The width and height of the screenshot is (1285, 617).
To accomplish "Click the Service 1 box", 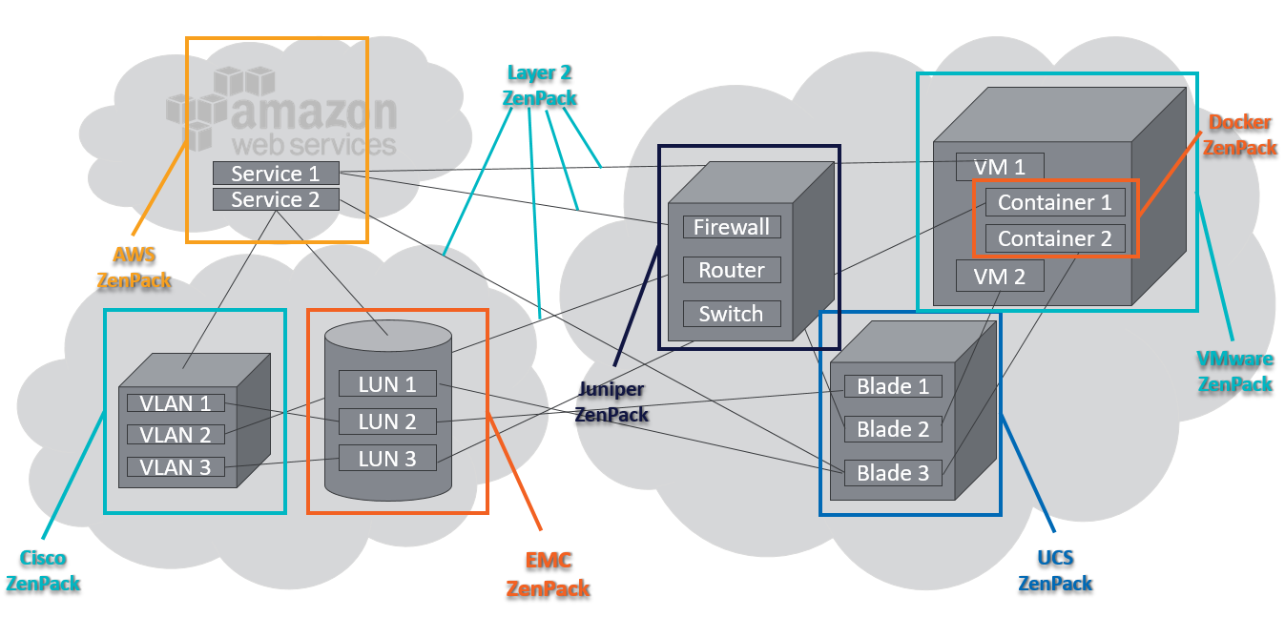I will point(276,174).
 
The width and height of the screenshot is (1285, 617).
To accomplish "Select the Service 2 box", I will point(276,199).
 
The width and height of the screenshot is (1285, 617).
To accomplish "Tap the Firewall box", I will point(732,227).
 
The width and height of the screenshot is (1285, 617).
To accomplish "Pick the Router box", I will point(732,270).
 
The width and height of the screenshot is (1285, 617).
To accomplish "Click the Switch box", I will point(732,314).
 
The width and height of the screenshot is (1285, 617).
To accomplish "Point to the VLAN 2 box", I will point(176,435).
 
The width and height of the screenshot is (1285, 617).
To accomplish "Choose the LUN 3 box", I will point(387,458).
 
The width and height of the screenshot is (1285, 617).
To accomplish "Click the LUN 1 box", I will point(387,384).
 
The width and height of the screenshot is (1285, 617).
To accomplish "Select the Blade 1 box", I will point(893,386).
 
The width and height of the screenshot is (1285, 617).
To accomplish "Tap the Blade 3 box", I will point(893,472).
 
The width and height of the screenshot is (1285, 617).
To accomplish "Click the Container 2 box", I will point(1055,238).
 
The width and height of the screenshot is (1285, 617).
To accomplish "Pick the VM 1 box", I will point(1001,167).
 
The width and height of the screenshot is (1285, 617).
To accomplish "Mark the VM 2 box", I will point(1001,277).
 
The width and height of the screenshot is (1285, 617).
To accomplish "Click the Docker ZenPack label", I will point(1240,134).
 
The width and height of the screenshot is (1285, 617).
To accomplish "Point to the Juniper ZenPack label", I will point(611,401).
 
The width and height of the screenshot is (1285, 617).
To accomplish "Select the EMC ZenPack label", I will point(548,574).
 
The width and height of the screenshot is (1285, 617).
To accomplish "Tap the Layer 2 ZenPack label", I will point(540,85).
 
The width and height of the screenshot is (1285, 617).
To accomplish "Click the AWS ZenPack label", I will point(135,267).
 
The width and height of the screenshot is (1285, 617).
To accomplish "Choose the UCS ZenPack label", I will point(1055,569).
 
